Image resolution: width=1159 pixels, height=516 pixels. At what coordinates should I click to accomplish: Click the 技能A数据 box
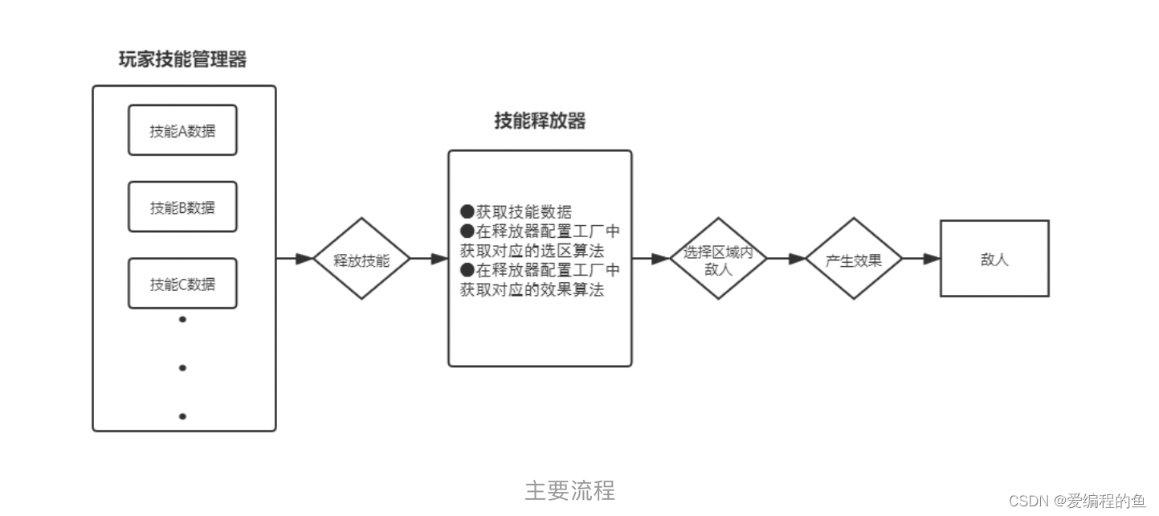tap(182, 130)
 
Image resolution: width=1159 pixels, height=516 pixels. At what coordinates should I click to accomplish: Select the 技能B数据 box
tap(182, 207)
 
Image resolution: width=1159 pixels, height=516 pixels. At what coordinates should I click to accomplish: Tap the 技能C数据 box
tap(182, 283)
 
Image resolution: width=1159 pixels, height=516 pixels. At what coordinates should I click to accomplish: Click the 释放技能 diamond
tap(361, 259)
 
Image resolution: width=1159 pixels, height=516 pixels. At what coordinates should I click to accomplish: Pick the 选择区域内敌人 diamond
tap(718, 259)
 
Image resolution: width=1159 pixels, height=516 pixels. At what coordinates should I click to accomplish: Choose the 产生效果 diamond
tap(853, 259)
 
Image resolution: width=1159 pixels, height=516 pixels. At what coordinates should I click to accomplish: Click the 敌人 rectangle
tap(994, 259)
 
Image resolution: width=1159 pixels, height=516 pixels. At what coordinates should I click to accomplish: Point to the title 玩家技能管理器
tap(182, 59)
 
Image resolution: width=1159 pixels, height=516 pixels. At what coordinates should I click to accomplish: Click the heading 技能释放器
tap(540, 121)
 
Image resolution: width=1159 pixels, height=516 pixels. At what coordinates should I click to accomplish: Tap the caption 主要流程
tap(569, 490)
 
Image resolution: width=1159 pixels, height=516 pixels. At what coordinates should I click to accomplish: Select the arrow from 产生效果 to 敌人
tap(921, 259)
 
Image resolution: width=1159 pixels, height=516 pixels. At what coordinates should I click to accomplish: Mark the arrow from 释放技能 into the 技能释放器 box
tap(429, 259)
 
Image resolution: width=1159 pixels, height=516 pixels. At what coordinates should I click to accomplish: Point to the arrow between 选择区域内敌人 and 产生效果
tap(786, 259)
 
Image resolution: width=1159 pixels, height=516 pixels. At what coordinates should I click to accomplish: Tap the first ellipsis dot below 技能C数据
tap(182, 319)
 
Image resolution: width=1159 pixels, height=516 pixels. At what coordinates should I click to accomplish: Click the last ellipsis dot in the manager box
tap(182, 416)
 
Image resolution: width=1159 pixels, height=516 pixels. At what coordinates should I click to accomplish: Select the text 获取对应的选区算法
tap(532, 251)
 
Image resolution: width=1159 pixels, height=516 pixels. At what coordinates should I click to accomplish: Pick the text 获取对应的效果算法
tap(532, 290)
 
